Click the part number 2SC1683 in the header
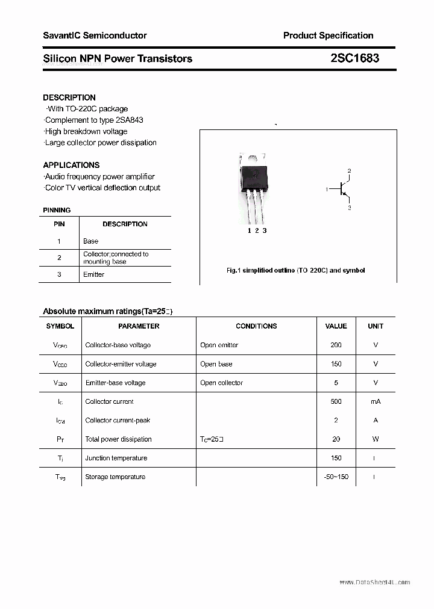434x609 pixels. [354, 58]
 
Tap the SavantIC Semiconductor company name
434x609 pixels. [95, 36]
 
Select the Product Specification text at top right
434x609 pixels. [328, 36]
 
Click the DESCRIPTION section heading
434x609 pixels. [69, 97]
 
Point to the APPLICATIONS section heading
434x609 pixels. [71, 165]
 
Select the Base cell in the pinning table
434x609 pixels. [90, 241]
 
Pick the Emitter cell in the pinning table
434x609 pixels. [93, 274]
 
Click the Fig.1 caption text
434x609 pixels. [295, 271]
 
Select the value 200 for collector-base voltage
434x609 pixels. [336, 345]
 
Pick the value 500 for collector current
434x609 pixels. [336, 401]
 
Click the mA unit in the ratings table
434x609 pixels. [376, 401]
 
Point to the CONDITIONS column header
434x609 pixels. [256, 326]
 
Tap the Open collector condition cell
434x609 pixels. [221, 383]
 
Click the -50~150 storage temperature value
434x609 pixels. [336, 477]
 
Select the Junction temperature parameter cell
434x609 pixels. [116, 458]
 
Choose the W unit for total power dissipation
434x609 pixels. [376, 439]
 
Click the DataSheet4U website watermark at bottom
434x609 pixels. [374, 583]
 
